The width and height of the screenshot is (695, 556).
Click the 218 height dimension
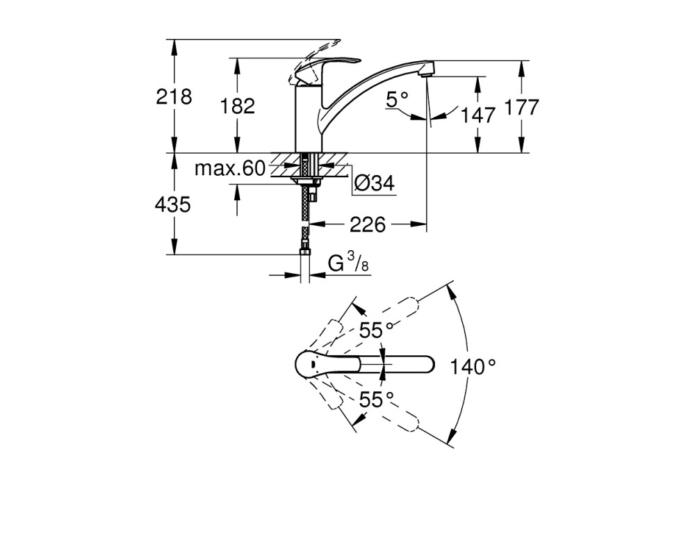(174, 97)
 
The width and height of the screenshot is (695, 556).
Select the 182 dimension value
(238, 106)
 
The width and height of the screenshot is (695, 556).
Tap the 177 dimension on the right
(522, 107)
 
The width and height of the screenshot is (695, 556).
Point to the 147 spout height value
(478, 115)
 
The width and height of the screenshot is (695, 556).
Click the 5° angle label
(397, 99)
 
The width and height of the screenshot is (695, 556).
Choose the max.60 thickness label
(230, 168)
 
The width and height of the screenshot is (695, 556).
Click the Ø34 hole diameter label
(375, 182)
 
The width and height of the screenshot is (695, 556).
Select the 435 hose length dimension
(173, 205)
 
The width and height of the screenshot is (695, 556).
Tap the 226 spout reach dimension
(368, 224)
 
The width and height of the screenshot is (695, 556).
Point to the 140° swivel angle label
(473, 367)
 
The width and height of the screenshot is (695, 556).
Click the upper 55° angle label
(376, 330)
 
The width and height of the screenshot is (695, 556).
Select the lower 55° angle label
(376, 400)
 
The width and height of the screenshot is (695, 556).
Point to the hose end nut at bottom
(305, 251)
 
